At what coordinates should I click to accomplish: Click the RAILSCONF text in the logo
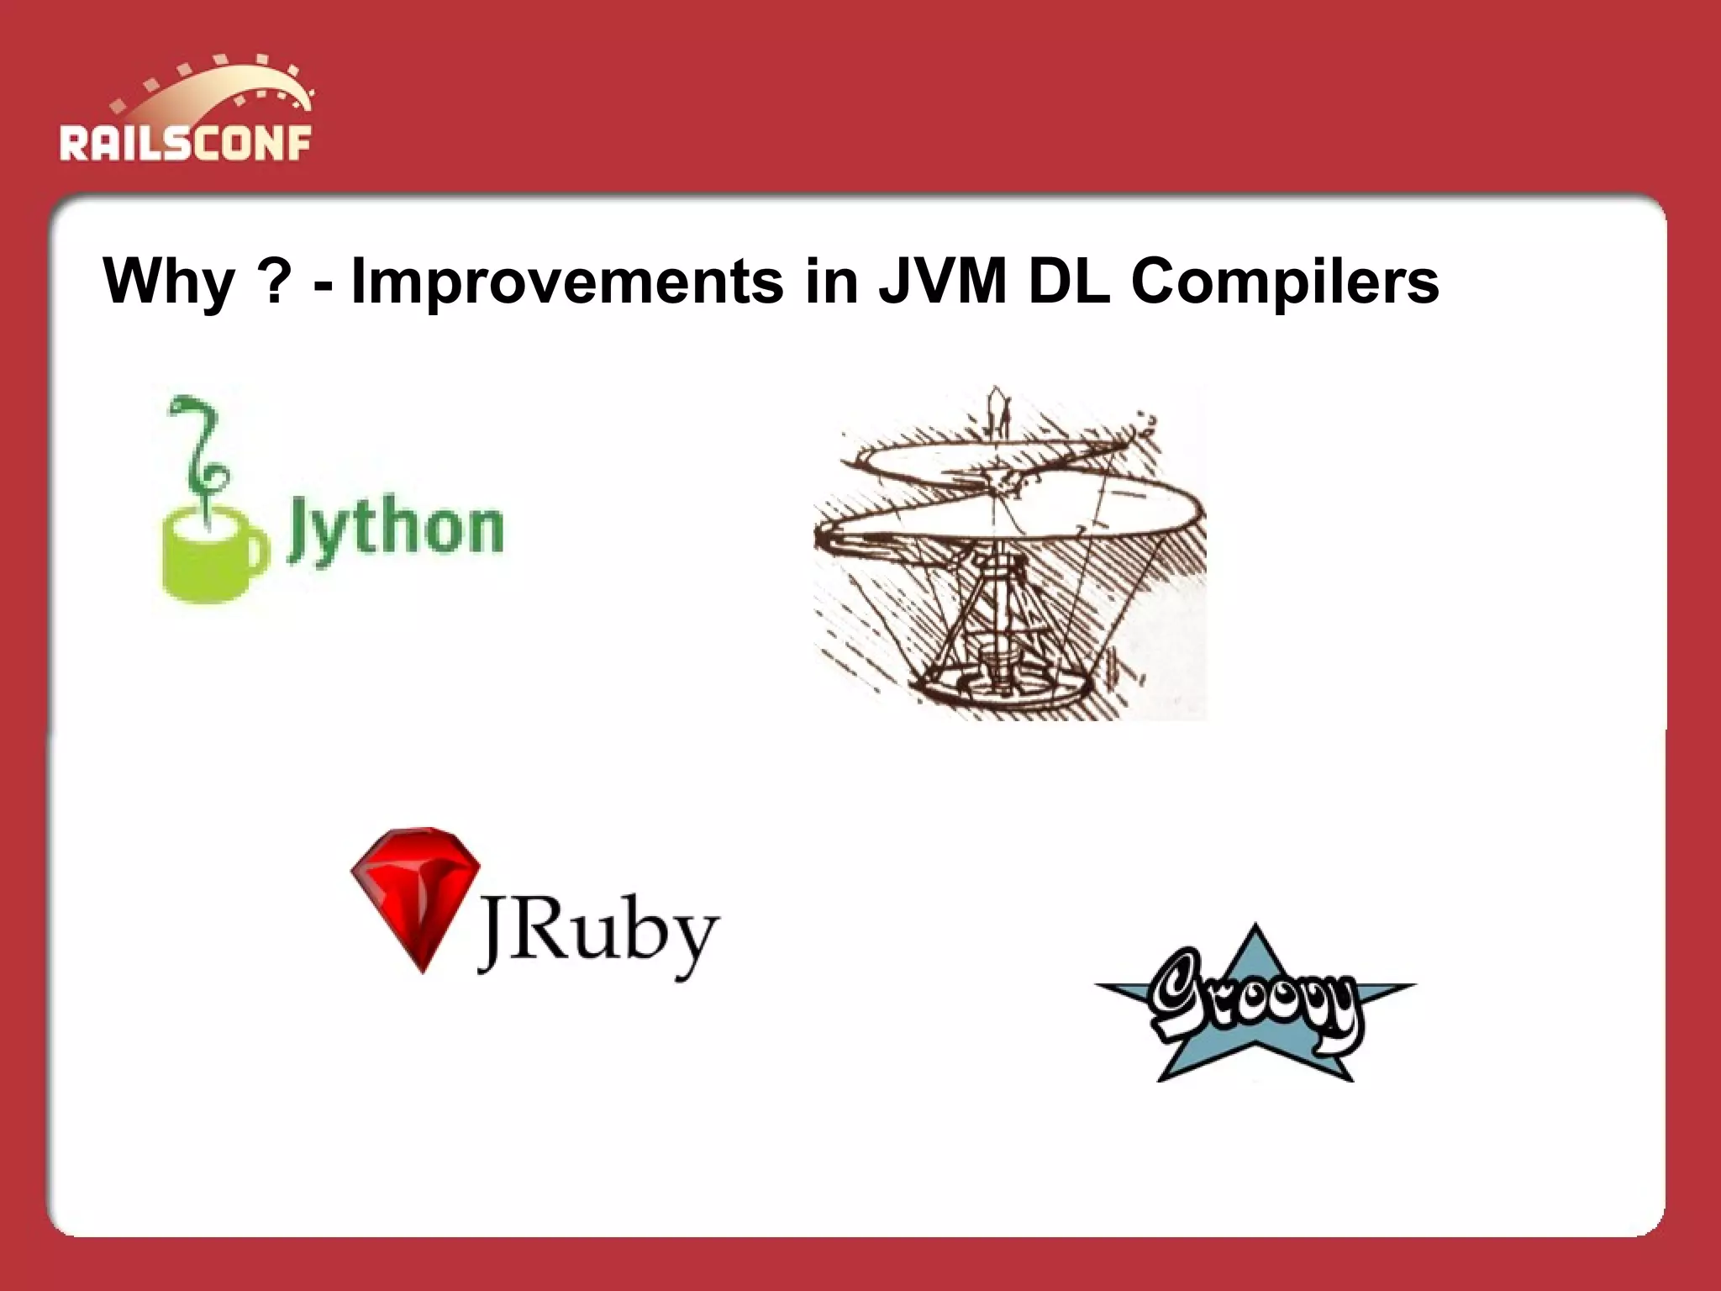[x=185, y=142]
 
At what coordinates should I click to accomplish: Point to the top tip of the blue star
[x=1255, y=930]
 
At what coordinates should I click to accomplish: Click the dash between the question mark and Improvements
[x=323, y=286]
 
